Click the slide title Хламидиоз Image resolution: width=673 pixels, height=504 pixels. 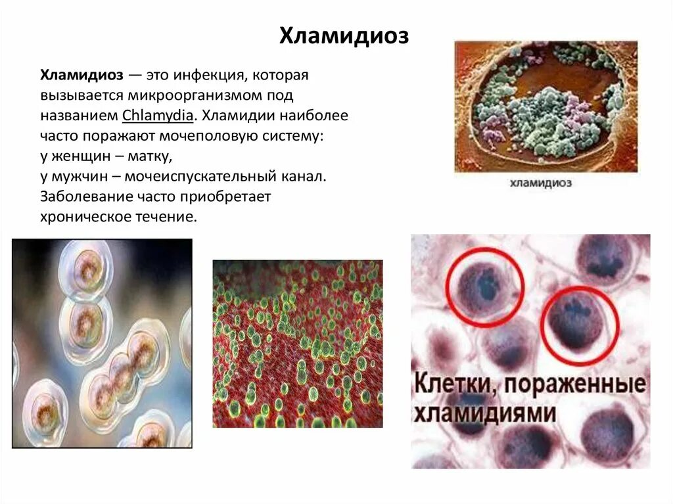[344, 37]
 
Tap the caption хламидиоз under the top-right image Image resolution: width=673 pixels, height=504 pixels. [540, 183]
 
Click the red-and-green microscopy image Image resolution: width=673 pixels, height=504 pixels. [298, 343]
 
